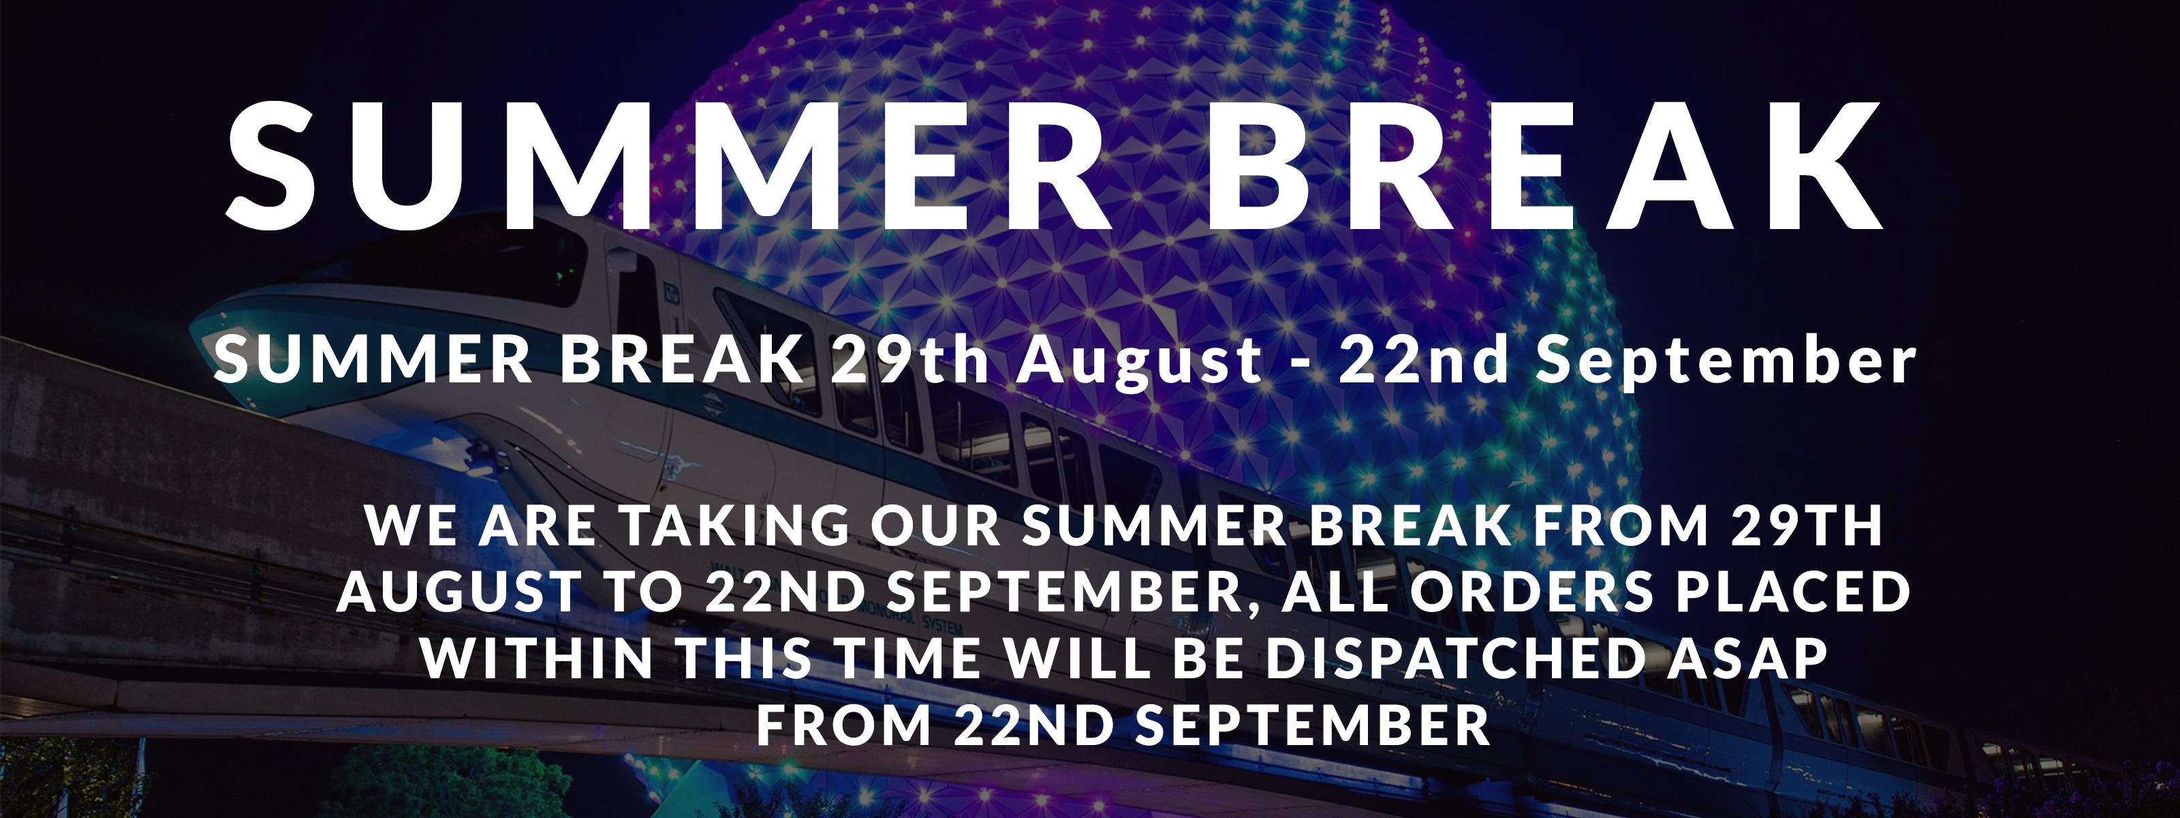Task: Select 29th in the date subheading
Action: pos(909,360)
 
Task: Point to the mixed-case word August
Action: pos(1140,363)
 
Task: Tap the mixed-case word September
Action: pos(1726,363)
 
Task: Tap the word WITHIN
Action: pos(538,658)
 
